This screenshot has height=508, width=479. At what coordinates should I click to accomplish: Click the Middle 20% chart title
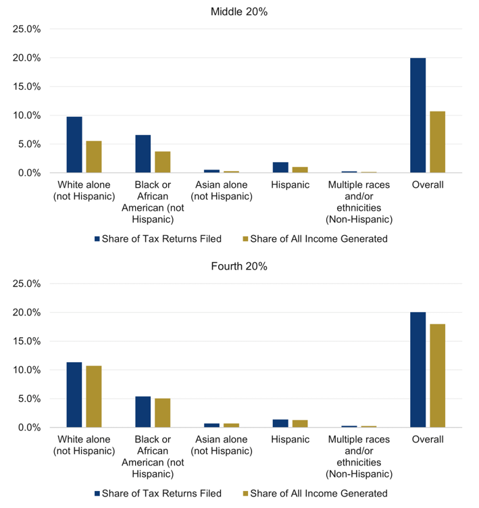[x=239, y=11]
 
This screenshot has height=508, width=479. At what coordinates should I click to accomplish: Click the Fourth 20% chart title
[x=239, y=266]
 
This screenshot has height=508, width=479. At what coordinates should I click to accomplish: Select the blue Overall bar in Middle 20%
[x=418, y=116]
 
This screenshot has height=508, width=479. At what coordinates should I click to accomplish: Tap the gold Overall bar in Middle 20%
[x=438, y=142]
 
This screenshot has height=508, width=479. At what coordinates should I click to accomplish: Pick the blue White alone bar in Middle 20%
[x=74, y=145]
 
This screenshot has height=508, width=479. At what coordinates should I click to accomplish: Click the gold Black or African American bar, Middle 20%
[x=162, y=162]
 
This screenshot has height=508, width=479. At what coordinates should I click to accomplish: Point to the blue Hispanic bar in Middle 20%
[x=280, y=168]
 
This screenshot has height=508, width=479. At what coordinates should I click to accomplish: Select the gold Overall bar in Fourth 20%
[x=438, y=376]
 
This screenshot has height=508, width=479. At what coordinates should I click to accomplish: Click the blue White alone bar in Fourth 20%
[x=74, y=395]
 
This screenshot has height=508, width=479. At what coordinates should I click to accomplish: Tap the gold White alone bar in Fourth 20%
[x=94, y=397]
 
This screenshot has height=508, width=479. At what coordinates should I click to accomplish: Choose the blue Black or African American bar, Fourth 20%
[x=143, y=412]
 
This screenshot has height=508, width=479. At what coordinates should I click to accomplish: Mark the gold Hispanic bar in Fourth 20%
[x=300, y=424]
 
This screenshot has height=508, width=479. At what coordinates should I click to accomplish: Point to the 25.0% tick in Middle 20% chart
[x=26, y=29]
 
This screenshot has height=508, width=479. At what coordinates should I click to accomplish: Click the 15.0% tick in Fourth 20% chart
[x=26, y=341]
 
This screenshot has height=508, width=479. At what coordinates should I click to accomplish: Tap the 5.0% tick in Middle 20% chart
[x=29, y=144]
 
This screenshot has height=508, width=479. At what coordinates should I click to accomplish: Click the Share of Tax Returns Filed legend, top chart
[x=158, y=238]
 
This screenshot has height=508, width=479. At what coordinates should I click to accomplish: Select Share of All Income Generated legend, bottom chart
[x=316, y=493]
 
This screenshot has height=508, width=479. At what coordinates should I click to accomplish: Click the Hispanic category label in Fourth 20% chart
[x=290, y=439]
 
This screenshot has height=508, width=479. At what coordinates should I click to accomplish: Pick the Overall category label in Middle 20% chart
[x=428, y=184]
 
